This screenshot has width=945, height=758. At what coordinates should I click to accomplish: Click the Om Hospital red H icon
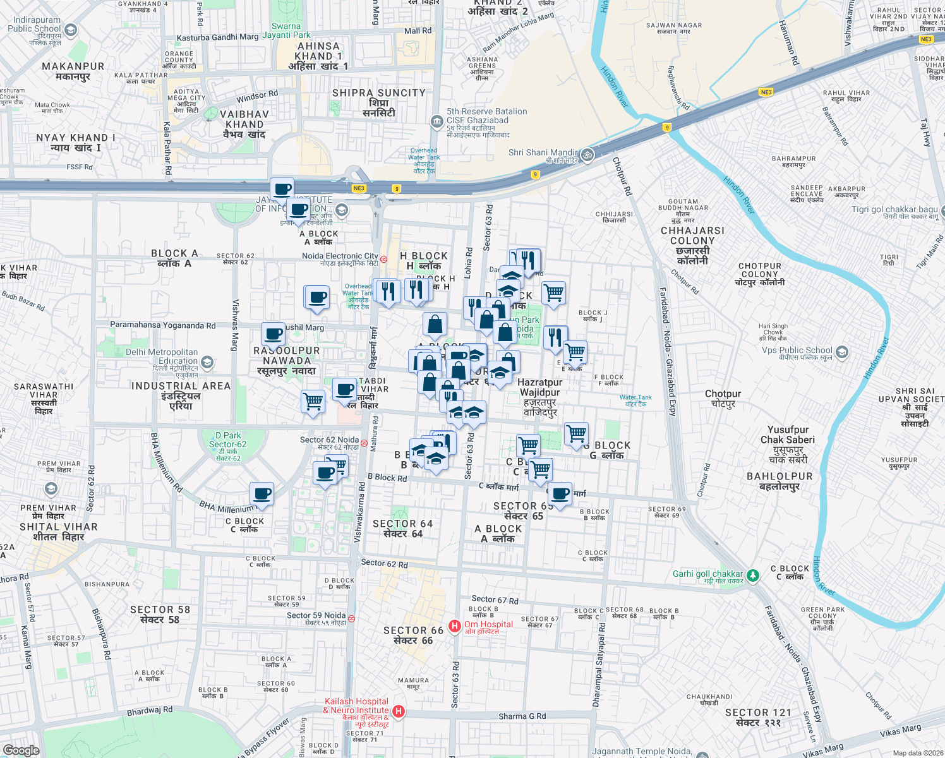click(x=454, y=626)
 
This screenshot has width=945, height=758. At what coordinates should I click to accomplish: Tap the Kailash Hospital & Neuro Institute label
click(x=356, y=706)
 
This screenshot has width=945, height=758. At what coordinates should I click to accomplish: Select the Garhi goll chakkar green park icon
click(x=752, y=575)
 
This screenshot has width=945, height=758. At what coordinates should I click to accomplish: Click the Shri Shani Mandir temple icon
click(x=587, y=154)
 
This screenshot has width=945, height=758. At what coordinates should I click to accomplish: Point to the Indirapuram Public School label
click(x=34, y=25)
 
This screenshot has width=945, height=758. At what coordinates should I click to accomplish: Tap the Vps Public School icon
click(x=841, y=351)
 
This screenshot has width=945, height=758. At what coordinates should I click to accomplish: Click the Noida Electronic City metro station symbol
click(x=383, y=259)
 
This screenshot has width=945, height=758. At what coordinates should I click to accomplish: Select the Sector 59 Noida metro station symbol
click(x=351, y=619)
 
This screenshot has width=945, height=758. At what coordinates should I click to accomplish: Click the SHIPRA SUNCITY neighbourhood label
click(x=379, y=93)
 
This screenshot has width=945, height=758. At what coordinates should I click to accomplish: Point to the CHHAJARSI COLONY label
click(x=692, y=236)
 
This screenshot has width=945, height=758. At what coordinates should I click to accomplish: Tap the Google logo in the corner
click(x=21, y=750)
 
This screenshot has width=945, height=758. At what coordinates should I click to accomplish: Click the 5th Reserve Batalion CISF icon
click(x=436, y=121)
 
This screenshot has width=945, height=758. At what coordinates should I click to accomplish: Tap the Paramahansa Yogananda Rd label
click(x=162, y=325)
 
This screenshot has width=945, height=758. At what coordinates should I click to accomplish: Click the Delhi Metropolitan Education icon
click(x=207, y=363)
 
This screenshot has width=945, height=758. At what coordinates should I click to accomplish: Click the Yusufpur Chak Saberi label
click(x=788, y=435)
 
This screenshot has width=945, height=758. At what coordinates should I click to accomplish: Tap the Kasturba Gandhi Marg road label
click(x=217, y=37)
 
